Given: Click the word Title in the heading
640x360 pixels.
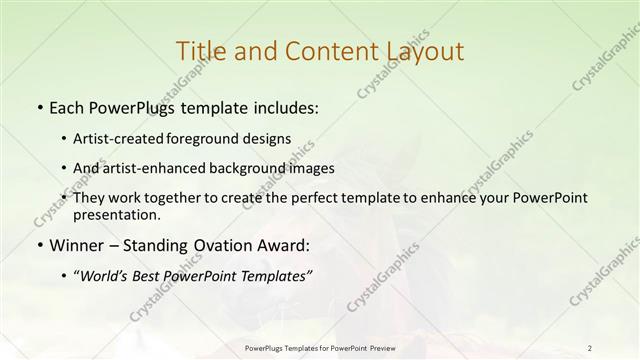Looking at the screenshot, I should click(199, 51).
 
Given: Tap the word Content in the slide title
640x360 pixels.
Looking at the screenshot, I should click(324, 51).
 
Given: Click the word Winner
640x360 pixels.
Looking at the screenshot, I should click(74, 244).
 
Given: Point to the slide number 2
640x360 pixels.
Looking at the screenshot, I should click(589, 347).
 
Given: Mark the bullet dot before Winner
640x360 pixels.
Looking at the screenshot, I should click(38, 245).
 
